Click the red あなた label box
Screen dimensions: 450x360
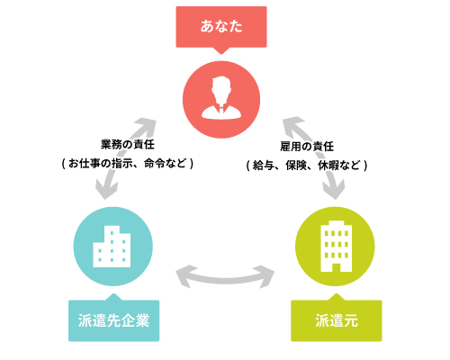point(221,27)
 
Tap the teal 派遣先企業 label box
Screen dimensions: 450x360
point(113,320)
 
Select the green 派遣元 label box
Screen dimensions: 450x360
point(337,320)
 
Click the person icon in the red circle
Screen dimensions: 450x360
point(221,98)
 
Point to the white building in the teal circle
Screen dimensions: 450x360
point(112,247)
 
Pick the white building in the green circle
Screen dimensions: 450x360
point(337,246)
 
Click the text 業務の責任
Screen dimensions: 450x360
point(128,145)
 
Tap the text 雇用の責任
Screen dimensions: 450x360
point(307,147)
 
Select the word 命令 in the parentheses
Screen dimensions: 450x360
point(155,164)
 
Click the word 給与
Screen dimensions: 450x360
point(263,166)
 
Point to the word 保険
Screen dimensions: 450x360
point(296,166)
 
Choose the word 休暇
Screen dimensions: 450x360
point(328,166)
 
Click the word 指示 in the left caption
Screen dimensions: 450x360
point(122,164)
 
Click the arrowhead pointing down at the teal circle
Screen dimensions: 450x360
point(105,190)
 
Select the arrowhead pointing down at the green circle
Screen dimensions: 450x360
point(334,190)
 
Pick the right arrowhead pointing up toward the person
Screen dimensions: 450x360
point(292,124)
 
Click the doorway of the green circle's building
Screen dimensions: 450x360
point(336,267)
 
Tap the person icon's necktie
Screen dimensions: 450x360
point(221,109)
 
